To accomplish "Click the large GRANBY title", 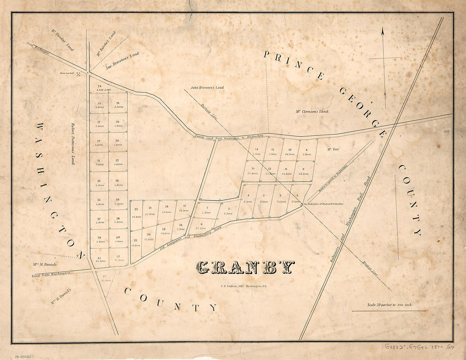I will click(x=245, y=267).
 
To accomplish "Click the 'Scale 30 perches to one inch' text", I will click(x=389, y=305).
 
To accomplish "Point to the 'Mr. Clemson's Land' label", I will click(x=312, y=111).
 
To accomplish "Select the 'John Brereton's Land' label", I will click(x=207, y=88).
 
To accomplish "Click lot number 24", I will click(x=99, y=86).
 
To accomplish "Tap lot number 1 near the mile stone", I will click(x=297, y=195).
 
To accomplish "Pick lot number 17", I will click(x=184, y=206).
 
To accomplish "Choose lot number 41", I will click(x=99, y=258).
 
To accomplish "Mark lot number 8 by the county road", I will click(x=306, y=150).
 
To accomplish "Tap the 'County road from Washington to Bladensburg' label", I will click(x=235, y=136).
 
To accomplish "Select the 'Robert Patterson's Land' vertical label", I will click(x=73, y=144).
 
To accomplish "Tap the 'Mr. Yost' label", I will click(x=333, y=149).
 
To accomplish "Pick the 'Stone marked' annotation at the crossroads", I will click(x=70, y=73).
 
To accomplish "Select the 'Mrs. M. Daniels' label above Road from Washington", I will click(x=45, y=264).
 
